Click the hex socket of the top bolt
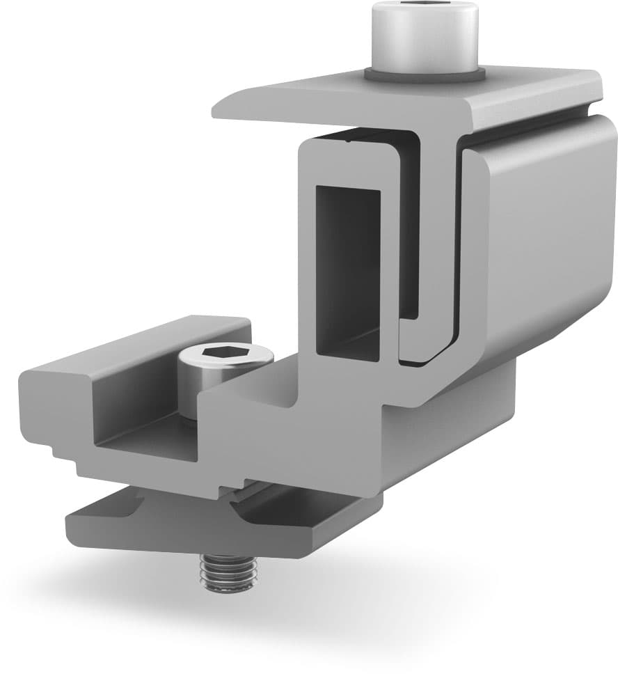(x=425, y=8)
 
